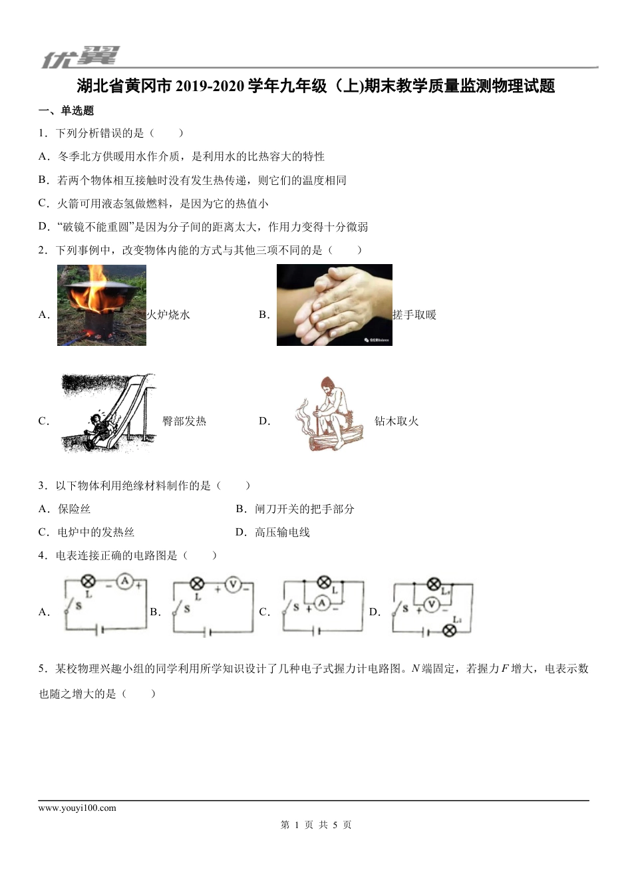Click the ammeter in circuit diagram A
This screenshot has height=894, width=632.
124,582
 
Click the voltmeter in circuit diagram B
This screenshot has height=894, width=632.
233,585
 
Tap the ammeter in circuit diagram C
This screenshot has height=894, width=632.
322,603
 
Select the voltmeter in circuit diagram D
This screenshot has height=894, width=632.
432,604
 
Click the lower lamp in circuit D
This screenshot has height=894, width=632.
450,630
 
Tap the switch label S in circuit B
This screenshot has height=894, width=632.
187,608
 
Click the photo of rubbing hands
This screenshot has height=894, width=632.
334,305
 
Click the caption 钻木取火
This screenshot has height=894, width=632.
396,421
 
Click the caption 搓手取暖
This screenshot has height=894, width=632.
414,315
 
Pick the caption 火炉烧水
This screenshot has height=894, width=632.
168,315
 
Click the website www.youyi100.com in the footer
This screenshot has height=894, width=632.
77,808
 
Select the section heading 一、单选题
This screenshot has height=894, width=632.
67,110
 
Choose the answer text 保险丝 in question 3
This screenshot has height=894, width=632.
74,509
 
